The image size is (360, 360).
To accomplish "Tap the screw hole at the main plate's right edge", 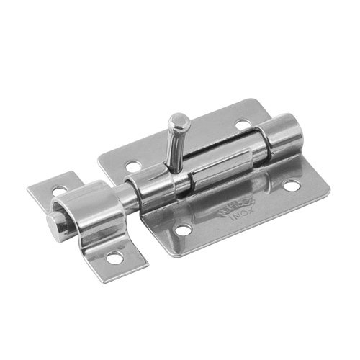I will point(291,186).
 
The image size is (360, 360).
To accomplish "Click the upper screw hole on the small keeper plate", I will point(61,188).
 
